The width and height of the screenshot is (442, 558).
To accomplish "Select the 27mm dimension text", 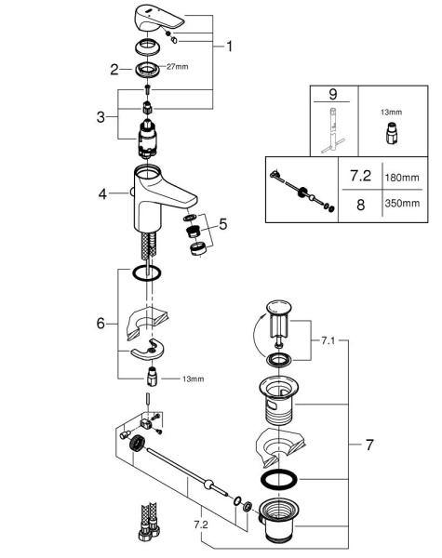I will click(176, 67).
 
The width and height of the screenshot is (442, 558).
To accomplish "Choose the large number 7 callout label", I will click(368, 445).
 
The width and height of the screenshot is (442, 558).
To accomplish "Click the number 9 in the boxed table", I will click(333, 96).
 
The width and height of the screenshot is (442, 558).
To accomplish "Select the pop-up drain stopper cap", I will click(278, 309).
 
